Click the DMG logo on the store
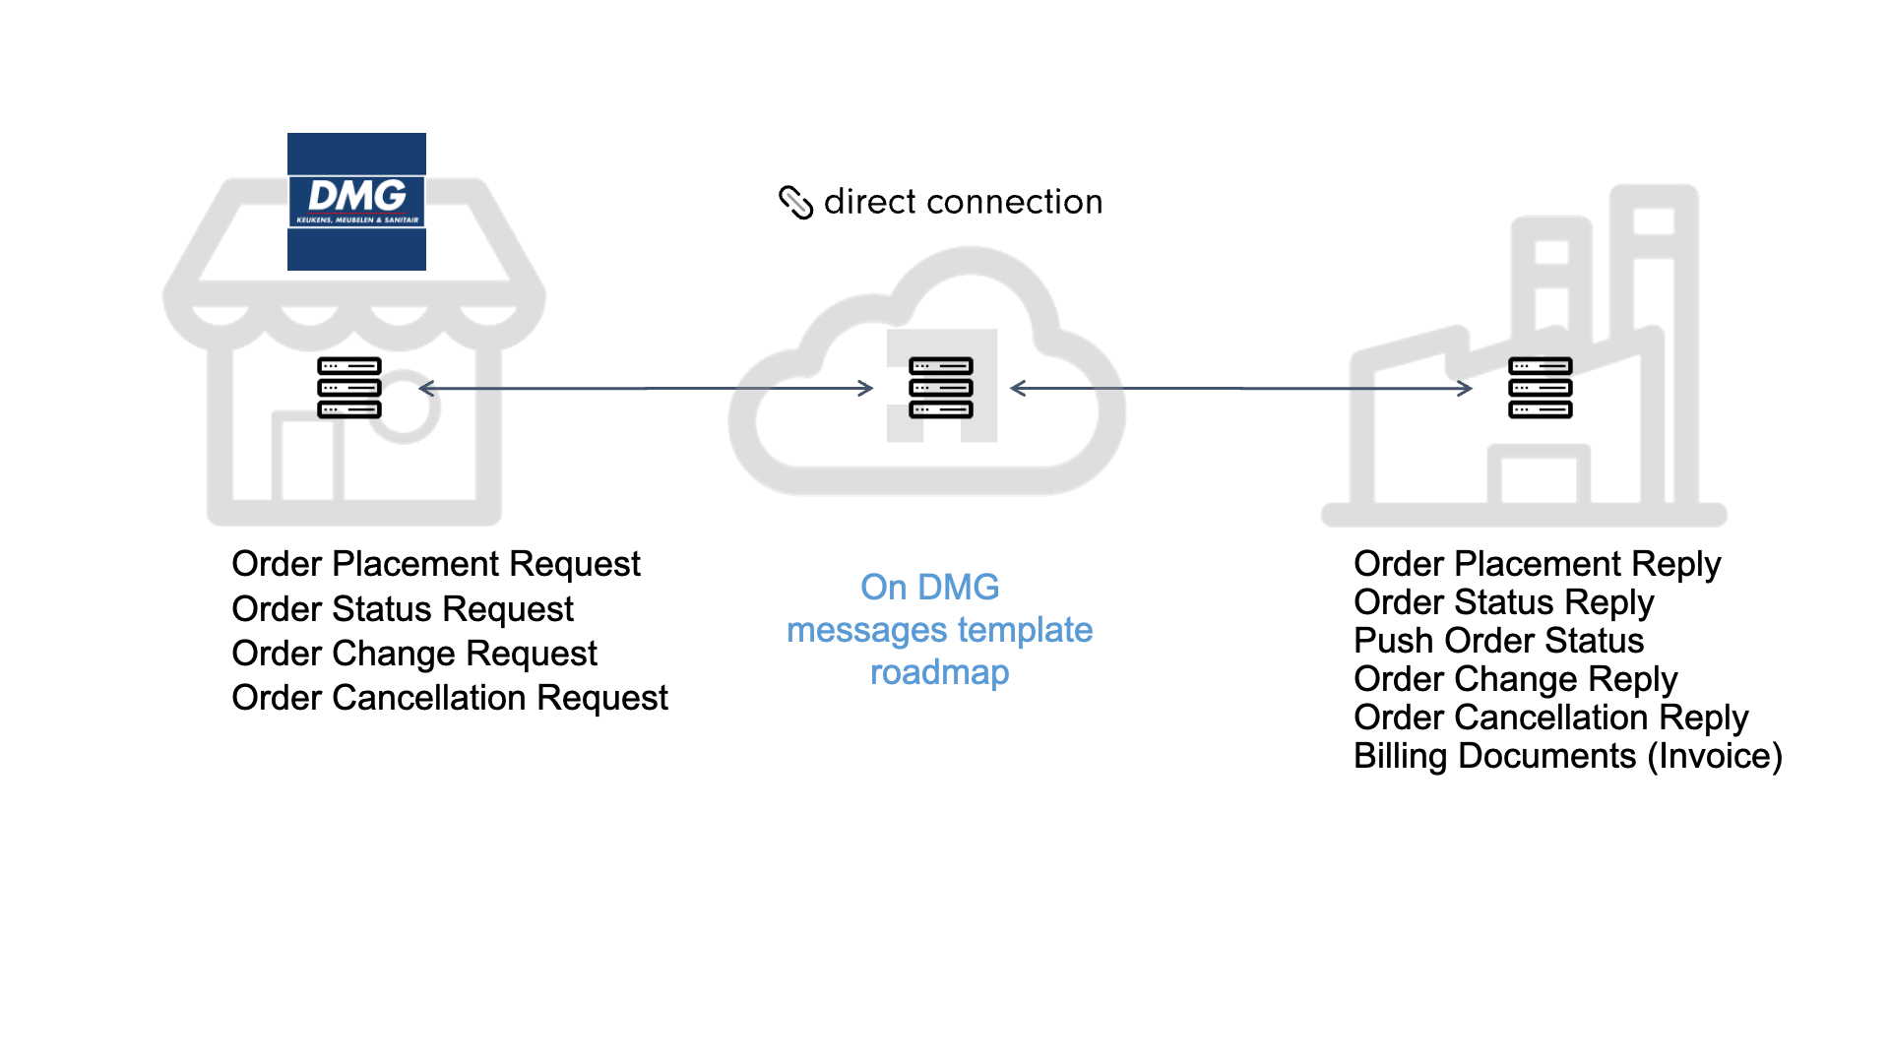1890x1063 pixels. (356, 201)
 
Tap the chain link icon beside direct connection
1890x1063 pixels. (795, 202)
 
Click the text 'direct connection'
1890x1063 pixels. (963, 202)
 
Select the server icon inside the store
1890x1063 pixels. (348, 388)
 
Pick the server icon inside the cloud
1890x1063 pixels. (940, 388)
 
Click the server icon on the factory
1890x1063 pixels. (1540, 388)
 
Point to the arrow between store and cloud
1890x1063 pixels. (646, 389)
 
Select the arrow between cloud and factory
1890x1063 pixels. (1240, 389)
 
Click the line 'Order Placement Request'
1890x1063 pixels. (435, 564)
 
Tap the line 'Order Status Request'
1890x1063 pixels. (402, 609)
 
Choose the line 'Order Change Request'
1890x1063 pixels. (413, 654)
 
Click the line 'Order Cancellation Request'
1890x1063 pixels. (449, 698)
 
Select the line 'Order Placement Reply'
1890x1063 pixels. (1536, 564)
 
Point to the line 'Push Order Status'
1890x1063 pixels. (1497, 641)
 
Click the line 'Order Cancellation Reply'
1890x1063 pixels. (1549, 718)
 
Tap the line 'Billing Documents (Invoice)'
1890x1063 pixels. (1567, 756)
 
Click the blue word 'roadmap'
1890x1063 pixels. (939, 672)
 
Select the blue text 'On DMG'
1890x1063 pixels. (929, 588)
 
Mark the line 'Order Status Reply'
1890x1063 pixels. (1502, 602)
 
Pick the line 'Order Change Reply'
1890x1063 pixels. (1514, 679)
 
